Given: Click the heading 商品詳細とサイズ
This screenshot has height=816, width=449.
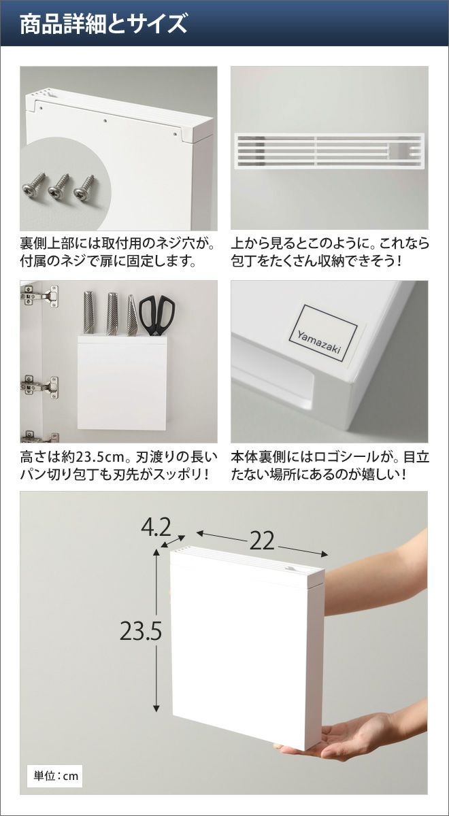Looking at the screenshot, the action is click(103, 24).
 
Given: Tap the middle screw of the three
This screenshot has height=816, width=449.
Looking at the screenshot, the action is click(59, 186).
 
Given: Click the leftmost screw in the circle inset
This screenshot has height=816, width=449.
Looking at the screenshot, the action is click(34, 185).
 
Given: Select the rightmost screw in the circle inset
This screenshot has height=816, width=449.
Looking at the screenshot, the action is click(84, 186).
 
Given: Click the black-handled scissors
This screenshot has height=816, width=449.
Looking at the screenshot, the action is click(156, 315).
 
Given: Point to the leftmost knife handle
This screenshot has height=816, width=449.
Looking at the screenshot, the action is click(88, 312).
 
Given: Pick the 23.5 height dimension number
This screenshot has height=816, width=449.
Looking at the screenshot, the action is click(141, 631).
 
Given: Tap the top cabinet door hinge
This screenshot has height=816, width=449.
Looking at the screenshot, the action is click(39, 295).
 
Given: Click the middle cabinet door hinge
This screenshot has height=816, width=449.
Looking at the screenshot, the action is click(39, 386).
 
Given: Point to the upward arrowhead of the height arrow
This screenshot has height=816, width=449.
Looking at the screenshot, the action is click(156, 553).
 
